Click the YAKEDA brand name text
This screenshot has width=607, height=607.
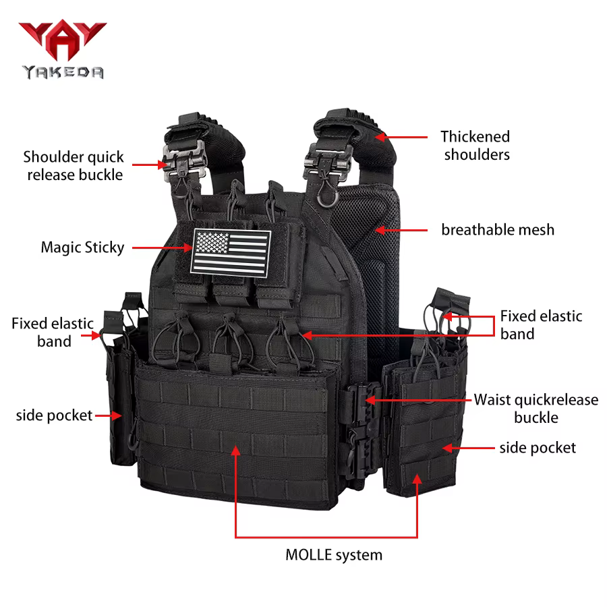click(63, 72)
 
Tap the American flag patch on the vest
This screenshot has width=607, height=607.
click(231, 253)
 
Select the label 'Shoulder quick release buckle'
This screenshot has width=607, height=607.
click(74, 166)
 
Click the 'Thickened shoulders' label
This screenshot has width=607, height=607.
click(475, 146)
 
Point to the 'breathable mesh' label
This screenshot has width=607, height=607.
click(498, 230)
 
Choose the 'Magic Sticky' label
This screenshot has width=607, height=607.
click(82, 248)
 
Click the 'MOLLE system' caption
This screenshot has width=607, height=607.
click(334, 555)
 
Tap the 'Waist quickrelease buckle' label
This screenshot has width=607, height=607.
click(536, 409)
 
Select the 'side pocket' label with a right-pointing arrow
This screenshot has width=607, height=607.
click(54, 415)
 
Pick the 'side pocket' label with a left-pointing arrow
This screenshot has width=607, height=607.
click(538, 449)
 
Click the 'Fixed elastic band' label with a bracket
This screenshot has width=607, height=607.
click(541, 325)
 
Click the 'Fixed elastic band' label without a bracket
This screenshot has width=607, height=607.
click(53, 332)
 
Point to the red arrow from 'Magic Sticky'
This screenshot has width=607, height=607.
click(162, 248)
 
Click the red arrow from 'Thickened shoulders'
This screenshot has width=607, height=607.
click(401, 137)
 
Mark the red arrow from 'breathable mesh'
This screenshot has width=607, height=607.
click(401, 231)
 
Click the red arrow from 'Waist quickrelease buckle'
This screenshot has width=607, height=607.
click(418, 400)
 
